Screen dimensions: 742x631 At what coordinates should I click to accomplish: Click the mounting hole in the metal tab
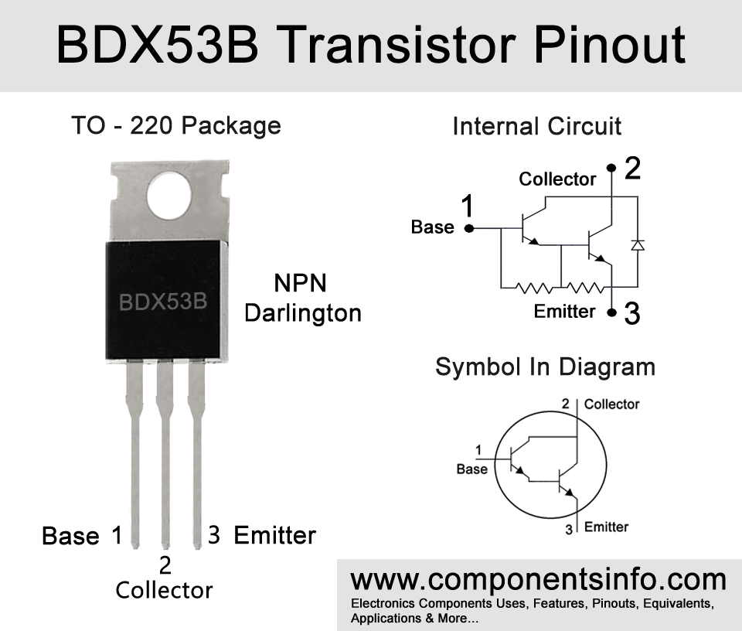point(169,196)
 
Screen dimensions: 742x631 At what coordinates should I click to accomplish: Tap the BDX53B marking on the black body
point(163,302)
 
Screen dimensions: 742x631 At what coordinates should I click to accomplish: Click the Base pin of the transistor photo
point(134,453)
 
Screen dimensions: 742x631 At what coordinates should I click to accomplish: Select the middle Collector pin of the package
point(165,453)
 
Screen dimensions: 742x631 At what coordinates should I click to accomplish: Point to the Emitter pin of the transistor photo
point(196,453)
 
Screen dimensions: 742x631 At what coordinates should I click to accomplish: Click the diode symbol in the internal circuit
point(638,244)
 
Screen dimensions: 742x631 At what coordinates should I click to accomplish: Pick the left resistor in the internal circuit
point(533,288)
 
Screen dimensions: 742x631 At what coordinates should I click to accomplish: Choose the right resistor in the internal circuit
point(585,288)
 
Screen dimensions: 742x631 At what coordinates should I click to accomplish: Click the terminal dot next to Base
point(469,229)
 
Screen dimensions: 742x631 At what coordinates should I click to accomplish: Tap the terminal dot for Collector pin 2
point(611,168)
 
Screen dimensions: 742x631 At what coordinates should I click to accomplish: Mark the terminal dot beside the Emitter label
point(612,312)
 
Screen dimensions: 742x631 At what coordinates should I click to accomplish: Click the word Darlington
point(303,314)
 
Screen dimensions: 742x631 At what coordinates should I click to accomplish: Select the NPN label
point(300,284)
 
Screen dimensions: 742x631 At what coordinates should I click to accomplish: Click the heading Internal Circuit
point(536,126)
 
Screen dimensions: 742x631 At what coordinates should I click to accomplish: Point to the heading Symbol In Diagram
point(545,367)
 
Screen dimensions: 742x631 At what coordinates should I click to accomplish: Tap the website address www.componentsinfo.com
point(539,580)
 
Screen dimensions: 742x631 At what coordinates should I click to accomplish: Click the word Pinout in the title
point(610,45)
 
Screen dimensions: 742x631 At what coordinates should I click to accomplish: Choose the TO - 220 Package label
point(176,126)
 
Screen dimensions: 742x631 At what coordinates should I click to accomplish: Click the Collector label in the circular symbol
point(611,404)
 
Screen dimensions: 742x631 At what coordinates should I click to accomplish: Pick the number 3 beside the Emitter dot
point(632,313)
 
